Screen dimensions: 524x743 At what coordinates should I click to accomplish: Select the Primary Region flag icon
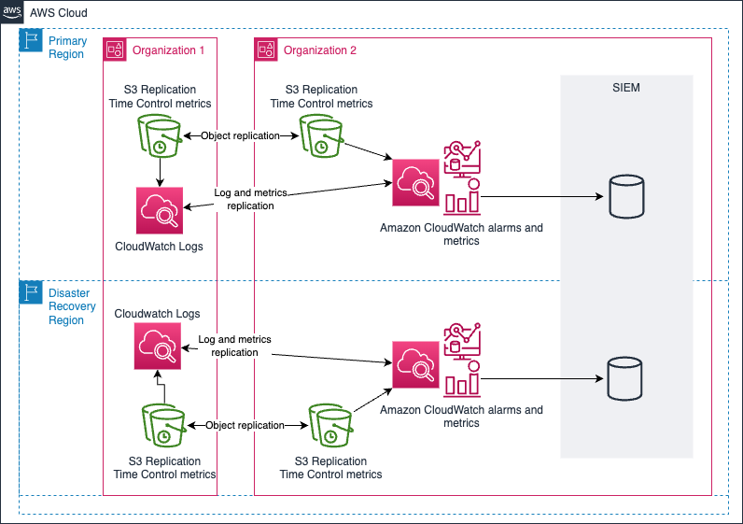click(x=31, y=40)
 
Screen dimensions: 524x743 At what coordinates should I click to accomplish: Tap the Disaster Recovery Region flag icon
click(x=31, y=292)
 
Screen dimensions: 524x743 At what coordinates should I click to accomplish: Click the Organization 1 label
click(x=168, y=50)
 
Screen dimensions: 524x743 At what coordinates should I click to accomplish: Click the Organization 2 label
click(x=320, y=50)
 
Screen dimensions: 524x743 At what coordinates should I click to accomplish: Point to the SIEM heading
click(x=626, y=88)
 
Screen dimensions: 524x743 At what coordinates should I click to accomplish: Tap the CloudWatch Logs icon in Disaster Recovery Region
click(x=156, y=347)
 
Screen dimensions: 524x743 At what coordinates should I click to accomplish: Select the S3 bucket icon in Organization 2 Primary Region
click(x=320, y=136)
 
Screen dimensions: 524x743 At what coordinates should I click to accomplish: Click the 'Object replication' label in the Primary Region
click(x=240, y=135)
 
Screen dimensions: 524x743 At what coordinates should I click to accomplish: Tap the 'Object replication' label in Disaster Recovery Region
click(x=245, y=425)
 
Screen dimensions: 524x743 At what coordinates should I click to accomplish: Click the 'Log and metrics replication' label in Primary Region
click(x=250, y=199)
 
